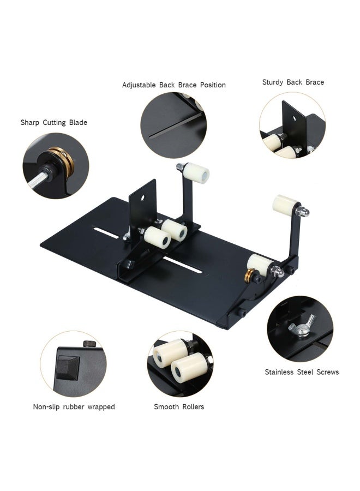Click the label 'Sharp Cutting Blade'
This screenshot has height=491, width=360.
click(x=54, y=122)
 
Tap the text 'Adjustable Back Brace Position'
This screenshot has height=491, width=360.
click(x=174, y=85)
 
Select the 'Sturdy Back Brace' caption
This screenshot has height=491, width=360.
click(x=293, y=82)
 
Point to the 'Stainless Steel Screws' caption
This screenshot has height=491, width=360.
click(x=302, y=372)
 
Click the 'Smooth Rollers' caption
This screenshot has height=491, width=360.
click(x=179, y=407)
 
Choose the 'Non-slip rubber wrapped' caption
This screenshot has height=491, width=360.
click(x=74, y=407)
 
